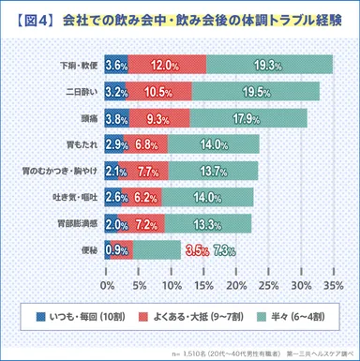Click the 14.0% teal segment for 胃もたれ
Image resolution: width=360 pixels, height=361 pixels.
[214, 144]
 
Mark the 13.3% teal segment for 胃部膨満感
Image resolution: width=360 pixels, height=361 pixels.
[208, 223]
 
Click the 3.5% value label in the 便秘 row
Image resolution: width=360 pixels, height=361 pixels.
[197, 250]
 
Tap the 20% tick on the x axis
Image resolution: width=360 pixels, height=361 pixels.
[237, 284]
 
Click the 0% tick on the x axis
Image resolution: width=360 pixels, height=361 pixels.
[107, 284]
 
